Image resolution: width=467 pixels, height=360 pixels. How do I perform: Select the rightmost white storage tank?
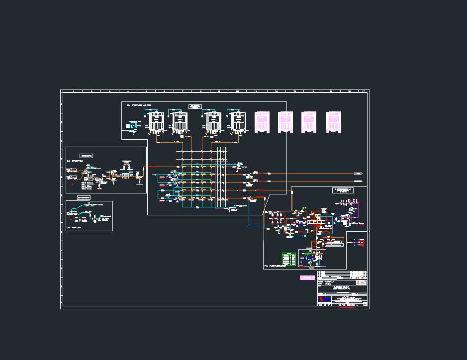click(239, 122)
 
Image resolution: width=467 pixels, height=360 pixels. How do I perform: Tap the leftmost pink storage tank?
click(262, 122)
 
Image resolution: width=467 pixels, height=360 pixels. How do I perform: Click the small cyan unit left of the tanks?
click(132, 126)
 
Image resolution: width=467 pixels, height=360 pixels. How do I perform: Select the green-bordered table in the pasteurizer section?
click(289, 260)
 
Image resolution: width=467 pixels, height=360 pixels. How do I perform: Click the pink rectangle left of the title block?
click(307, 277)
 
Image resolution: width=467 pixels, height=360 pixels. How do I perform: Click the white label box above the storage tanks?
click(195, 106)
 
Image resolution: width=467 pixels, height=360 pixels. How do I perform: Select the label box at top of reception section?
click(86, 156)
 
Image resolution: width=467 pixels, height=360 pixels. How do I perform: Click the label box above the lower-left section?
click(84, 198)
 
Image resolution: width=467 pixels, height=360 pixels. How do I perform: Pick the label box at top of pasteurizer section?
click(342, 190)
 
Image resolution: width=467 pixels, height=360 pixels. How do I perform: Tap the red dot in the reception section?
click(72, 184)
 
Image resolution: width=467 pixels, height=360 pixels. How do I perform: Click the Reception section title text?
click(75, 161)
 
